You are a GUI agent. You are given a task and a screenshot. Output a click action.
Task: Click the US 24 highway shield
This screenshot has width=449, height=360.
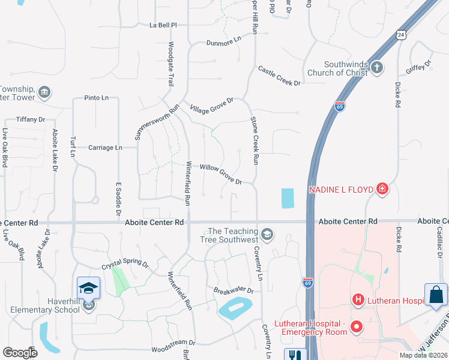click(401, 34)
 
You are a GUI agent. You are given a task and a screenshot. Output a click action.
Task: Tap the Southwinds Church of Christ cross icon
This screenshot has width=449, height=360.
click(376, 67)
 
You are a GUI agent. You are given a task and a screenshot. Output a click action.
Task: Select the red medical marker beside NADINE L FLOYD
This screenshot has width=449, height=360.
click(382, 190)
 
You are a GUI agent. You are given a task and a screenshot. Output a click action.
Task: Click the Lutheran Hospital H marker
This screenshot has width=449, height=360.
click(358, 299)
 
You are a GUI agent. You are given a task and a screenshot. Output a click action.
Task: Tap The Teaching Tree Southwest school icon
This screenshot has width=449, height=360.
click(267, 234)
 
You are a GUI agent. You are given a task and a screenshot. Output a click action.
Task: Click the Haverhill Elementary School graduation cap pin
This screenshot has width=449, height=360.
click(88, 289)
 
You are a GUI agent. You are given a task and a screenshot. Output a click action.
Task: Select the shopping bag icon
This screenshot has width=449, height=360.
click(436, 295)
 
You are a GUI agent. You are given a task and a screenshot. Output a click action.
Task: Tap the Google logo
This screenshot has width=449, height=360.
click(20, 352)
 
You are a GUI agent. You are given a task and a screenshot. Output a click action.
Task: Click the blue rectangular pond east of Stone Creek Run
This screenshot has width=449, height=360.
click(288, 199)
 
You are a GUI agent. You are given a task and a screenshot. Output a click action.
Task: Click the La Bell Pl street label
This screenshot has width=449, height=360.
click(163, 25)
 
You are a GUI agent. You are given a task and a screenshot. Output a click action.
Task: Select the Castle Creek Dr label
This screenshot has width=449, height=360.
click(279, 76)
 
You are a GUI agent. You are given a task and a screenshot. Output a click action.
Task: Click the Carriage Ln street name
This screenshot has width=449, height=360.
click(105, 147)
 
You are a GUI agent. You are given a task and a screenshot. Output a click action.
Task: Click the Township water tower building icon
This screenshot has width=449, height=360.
click(44, 92)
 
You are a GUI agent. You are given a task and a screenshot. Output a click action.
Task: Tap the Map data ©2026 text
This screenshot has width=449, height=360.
click(423, 355)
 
